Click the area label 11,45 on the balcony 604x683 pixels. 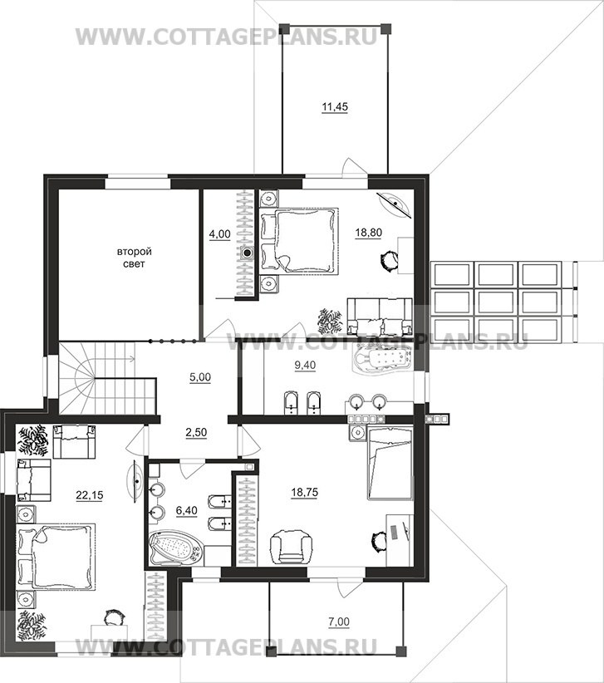click(x=335, y=107)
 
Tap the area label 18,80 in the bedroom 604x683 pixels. click(x=368, y=233)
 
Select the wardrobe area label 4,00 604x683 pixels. click(x=220, y=235)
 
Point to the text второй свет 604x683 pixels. click(x=134, y=258)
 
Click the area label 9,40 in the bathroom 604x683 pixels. click(x=305, y=366)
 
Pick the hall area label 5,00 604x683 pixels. click(x=200, y=378)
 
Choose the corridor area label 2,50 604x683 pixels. click(x=196, y=433)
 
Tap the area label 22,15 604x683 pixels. click(x=89, y=495)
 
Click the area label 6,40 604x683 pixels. click(x=186, y=510)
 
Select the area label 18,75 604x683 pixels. click(x=304, y=493)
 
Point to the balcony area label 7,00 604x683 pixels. click(x=339, y=622)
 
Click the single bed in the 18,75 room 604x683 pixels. click(x=390, y=463)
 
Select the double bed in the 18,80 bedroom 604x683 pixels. click(x=300, y=241)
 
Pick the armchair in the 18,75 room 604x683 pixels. click(x=292, y=548)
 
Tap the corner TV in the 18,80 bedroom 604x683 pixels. click(x=395, y=204)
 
